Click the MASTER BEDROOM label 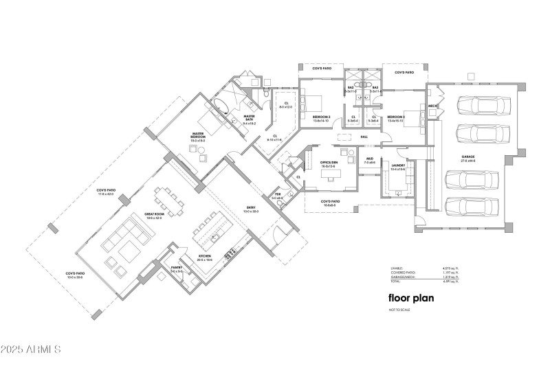pyautogui.click(x=198, y=135)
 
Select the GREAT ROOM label pyautogui.click(x=153, y=214)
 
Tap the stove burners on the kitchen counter pyautogui.click(x=229, y=253)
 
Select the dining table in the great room pyautogui.click(x=168, y=199)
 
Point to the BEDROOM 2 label pyautogui.click(x=322, y=117)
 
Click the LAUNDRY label pyautogui.click(x=398, y=165)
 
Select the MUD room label pyautogui.click(x=369, y=159)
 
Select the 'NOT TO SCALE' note pyautogui.click(x=399, y=311)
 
